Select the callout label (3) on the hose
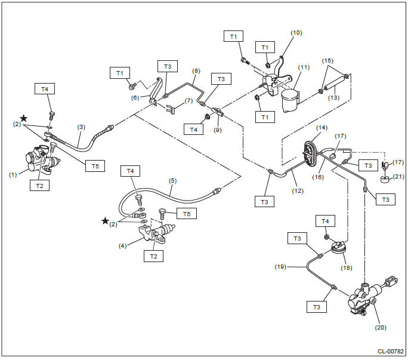[81, 127]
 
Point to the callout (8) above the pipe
[196, 71]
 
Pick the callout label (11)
[304, 67]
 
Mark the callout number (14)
[321, 128]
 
